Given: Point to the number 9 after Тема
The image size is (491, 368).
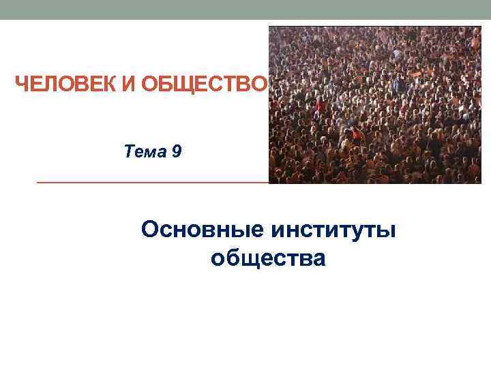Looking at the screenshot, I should [x=177, y=151].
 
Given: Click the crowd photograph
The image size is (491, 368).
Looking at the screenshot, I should [x=375, y=105].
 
